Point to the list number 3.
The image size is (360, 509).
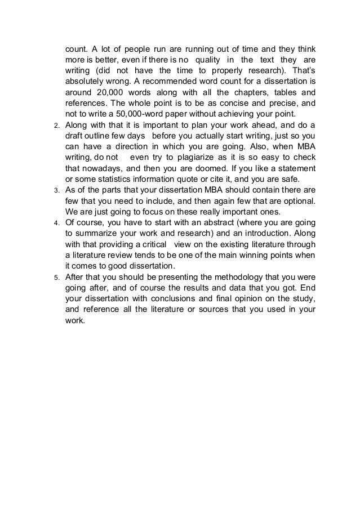[x=56, y=191]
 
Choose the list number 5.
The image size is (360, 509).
[x=56, y=278]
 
